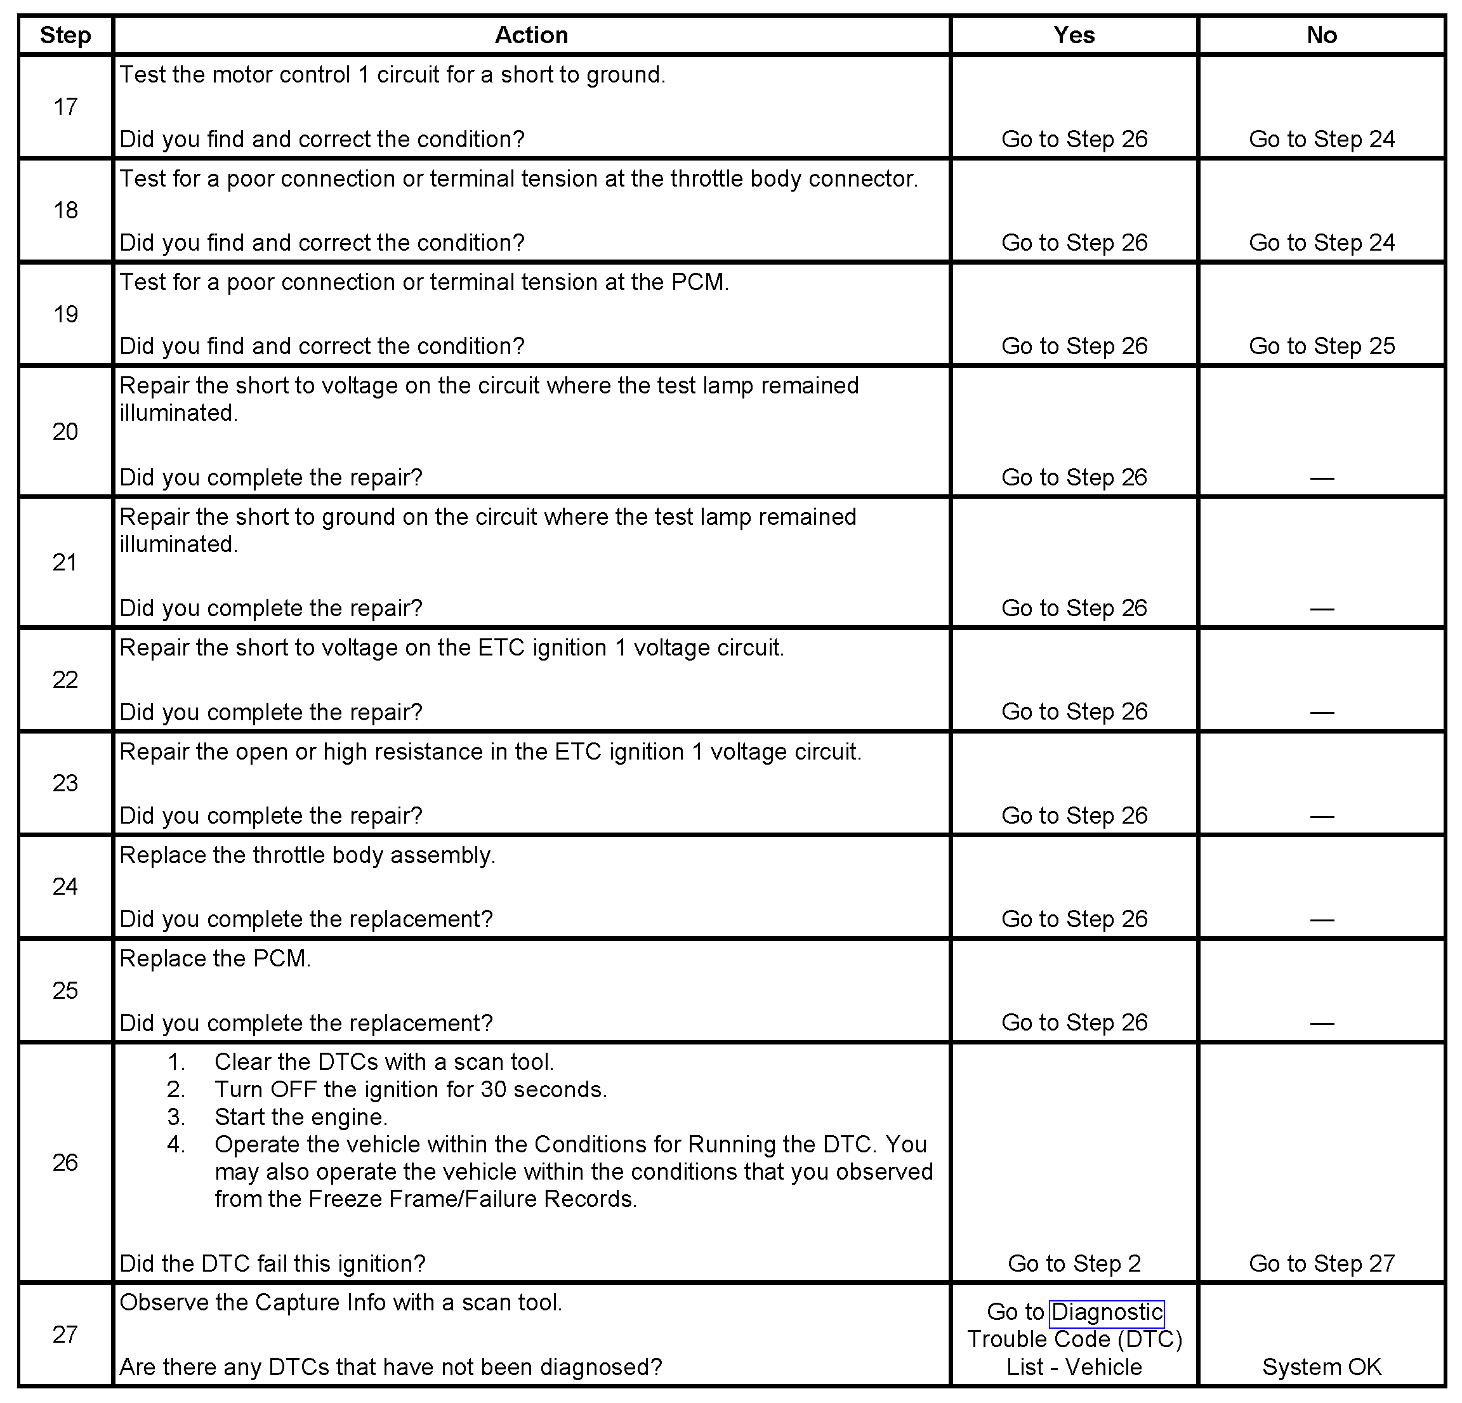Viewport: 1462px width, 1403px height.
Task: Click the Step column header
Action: point(65,35)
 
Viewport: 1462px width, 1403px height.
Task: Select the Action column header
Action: point(531,35)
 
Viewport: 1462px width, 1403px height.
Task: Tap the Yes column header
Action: point(1074,35)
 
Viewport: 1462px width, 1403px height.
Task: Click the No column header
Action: point(1321,35)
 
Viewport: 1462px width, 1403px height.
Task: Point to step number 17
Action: point(65,107)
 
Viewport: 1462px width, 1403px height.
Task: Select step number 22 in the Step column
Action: point(65,680)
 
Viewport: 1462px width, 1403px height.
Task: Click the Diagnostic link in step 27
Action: point(1106,1312)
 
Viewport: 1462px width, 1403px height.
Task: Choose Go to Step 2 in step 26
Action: point(1074,1263)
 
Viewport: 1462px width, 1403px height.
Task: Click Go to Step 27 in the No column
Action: point(1321,1263)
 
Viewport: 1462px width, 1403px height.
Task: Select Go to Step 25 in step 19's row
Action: point(1321,346)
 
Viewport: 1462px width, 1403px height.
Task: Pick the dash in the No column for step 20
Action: point(1321,477)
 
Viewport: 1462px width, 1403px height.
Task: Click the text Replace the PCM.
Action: point(215,958)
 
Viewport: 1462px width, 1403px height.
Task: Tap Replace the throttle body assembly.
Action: point(307,855)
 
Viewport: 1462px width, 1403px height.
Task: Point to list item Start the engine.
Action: point(301,1117)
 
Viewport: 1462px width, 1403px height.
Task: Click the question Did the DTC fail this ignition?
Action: point(272,1263)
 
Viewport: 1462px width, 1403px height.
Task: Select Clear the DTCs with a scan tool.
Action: point(384,1062)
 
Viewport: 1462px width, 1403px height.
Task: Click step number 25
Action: point(65,991)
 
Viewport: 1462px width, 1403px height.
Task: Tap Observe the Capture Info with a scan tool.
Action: point(341,1302)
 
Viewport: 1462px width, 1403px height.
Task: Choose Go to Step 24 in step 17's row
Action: point(1321,140)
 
